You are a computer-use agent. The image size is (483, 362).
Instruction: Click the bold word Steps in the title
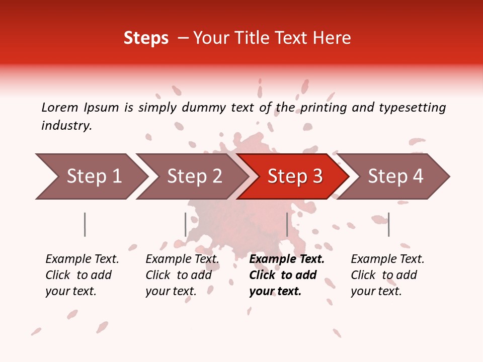click(146, 38)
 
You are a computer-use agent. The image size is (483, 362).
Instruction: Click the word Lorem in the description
click(59, 107)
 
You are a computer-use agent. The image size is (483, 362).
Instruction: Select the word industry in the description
click(66, 125)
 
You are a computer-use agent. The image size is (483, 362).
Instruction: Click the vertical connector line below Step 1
click(85, 224)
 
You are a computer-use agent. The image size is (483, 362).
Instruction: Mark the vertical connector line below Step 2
click(186, 224)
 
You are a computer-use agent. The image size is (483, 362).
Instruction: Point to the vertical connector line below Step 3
click(287, 224)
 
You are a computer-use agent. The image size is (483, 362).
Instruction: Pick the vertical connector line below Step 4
click(388, 224)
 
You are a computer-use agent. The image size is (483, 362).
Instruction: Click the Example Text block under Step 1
click(82, 275)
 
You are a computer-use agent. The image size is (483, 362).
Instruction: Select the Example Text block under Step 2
click(182, 275)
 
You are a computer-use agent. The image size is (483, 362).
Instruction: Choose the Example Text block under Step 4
click(387, 275)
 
